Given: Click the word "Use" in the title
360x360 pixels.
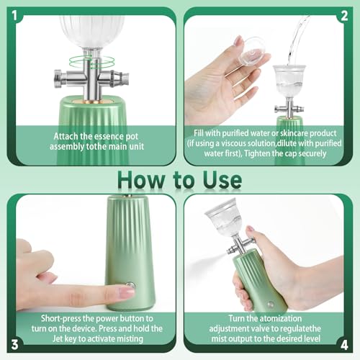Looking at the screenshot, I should (220, 179).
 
